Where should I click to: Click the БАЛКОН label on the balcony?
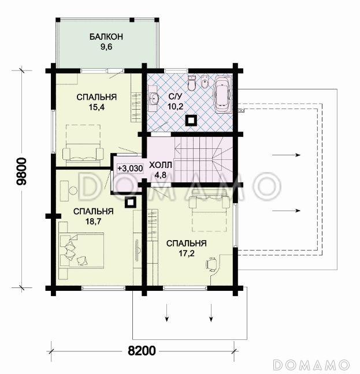[106, 37]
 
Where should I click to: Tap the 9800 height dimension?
[23, 171]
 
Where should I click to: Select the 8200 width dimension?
[142, 351]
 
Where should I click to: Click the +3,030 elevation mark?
[130, 169]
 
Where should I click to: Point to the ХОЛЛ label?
[160, 165]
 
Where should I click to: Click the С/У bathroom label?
[175, 96]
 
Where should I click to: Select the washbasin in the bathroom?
[154, 98]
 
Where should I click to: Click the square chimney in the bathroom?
[191, 120]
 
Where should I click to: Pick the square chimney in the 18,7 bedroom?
[131, 203]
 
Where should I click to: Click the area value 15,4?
[97, 107]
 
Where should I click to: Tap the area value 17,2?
[187, 253]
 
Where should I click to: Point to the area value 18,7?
[94, 222]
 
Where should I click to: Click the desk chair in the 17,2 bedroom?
[211, 264]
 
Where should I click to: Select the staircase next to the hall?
[203, 159]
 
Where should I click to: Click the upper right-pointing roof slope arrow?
[286, 155]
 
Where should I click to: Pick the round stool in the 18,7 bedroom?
[73, 190]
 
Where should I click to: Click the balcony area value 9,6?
[106, 47]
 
